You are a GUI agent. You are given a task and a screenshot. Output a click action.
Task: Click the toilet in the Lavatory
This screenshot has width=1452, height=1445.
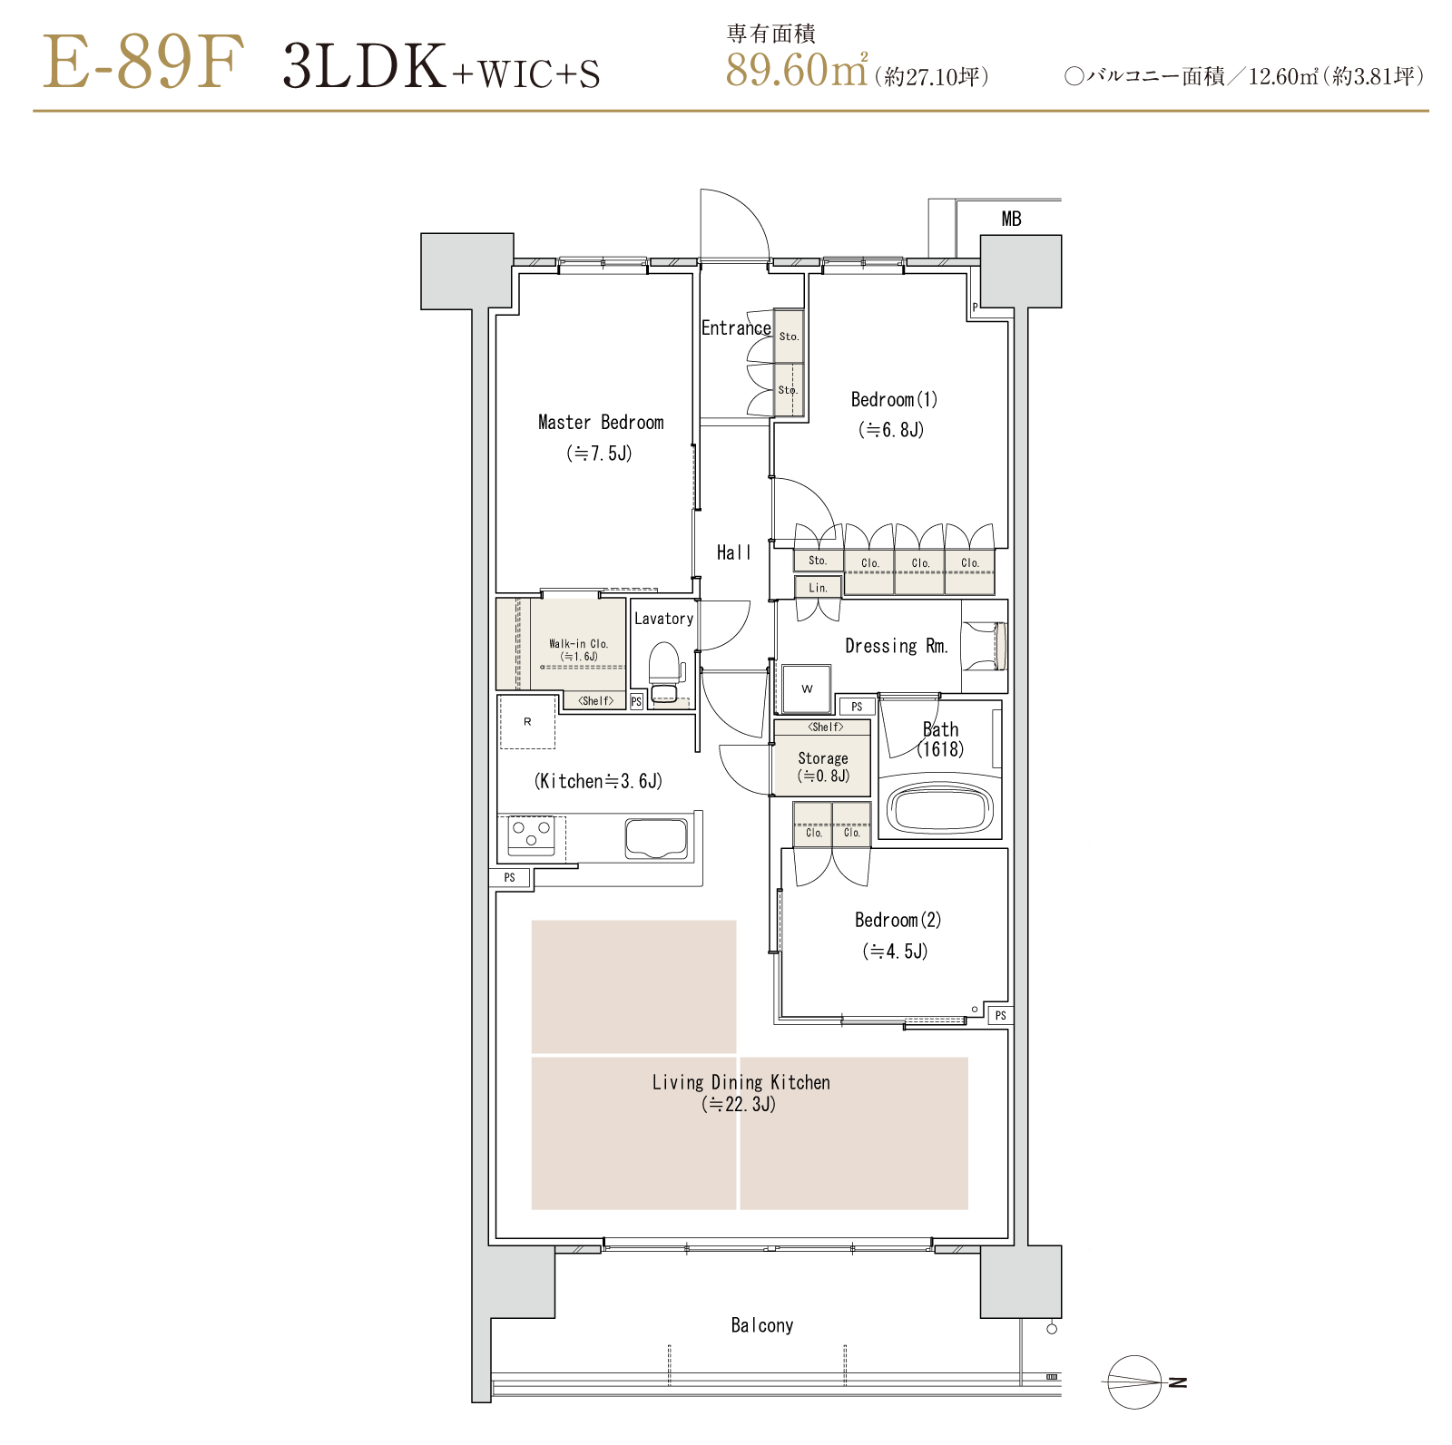pyautogui.click(x=664, y=672)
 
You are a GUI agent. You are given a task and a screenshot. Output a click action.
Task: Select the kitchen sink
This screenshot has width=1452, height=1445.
pyautogui.click(x=656, y=838)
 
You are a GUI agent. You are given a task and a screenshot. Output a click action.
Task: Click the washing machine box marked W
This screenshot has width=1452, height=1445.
pyautogui.click(x=807, y=689)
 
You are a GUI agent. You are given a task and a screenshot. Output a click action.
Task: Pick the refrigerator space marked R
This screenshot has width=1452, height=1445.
pyautogui.click(x=527, y=722)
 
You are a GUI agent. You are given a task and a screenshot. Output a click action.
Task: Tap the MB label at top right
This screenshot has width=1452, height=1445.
pyautogui.click(x=1011, y=219)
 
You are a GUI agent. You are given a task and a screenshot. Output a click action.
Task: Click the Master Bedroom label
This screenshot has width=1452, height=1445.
pyautogui.click(x=601, y=422)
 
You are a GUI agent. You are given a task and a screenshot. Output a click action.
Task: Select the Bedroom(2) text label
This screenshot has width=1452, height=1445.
pyautogui.click(x=898, y=920)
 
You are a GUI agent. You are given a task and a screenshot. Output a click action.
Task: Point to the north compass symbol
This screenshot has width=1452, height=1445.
pyautogui.click(x=1134, y=1382)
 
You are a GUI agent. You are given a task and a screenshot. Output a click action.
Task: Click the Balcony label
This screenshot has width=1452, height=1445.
pyautogui.click(x=762, y=1325)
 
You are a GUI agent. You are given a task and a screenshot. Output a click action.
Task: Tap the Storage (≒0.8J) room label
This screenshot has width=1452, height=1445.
pyautogui.click(x=823, y=766)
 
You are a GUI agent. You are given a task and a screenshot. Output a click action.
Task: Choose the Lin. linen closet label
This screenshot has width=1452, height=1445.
pyautogui.click(x=818, y=588)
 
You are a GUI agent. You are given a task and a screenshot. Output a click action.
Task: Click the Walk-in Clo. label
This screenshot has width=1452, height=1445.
pyautogui.click(x=578, y=644)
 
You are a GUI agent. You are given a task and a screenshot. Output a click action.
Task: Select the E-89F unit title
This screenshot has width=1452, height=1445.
pyautogui.click(x=143, y=62)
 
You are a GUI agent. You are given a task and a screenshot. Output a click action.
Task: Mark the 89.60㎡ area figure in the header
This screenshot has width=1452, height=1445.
pyautogui.click(x=797, y=69)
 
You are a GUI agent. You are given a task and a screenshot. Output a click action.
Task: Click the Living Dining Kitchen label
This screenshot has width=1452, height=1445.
pyautogui.click(x=741, y=1082)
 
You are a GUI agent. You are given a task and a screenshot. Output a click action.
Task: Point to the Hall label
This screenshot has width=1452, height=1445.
pyautogui.click(x=734, y=552)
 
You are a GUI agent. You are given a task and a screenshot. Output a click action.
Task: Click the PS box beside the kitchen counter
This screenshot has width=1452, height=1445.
pyautogui.click(x=510, y=877)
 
